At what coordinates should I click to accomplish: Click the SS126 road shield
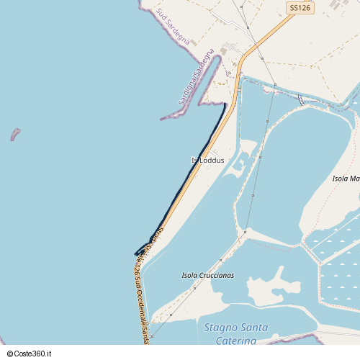coord(299,8)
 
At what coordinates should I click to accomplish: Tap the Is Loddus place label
coord(207,161)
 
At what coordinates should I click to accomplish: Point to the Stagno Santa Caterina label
coord(235,333)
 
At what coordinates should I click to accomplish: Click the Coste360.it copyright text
coord(32,354)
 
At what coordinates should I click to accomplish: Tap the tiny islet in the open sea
coord(14,134)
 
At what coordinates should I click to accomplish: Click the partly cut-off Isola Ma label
coord(346,178)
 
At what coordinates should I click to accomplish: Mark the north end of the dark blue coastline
coord(225,105)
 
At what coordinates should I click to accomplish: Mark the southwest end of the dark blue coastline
coord(136,253)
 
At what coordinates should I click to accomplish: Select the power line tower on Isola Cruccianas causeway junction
coord(245,233)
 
